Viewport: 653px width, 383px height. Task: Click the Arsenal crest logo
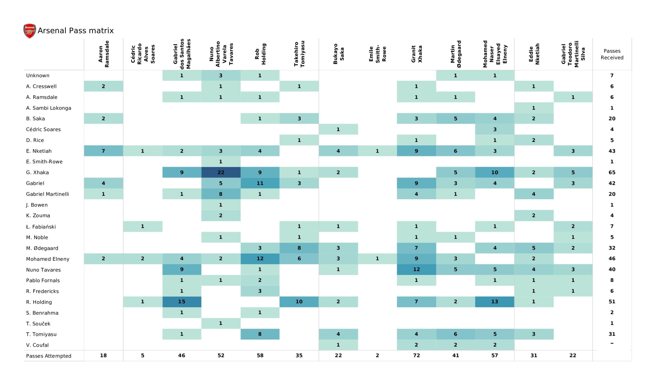point(30,31)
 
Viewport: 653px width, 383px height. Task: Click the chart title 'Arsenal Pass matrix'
point(76,31)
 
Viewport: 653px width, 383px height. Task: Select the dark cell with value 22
point(221,172)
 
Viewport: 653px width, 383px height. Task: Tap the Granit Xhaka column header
point(417,54)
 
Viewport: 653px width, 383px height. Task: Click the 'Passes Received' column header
point(612,54)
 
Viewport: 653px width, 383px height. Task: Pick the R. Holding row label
point(39,302)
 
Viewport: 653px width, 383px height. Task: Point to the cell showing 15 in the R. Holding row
point(182,302)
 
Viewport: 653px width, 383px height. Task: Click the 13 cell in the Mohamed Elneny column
point(495,302)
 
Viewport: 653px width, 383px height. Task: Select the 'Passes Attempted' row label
point(48,356)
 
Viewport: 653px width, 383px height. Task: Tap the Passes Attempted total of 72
point(417,355)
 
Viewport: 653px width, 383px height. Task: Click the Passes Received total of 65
point(612,172)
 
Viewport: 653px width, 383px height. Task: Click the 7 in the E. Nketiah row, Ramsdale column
point(103,151)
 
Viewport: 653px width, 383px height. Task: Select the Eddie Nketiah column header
point(534,54)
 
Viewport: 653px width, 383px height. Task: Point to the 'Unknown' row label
point(37,76)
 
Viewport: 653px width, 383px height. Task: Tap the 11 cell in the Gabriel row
point(260,183)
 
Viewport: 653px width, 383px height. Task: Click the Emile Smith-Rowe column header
point(377,54)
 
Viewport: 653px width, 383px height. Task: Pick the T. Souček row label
point(38,323)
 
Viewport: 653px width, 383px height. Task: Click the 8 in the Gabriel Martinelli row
point(221,194)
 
